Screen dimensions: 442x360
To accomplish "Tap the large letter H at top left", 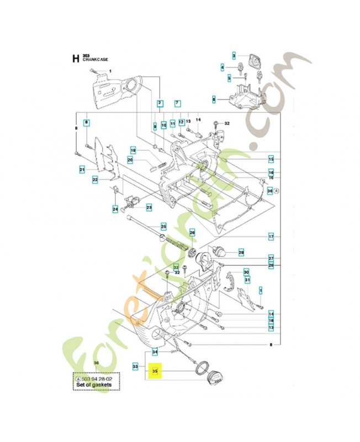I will coord(75,59).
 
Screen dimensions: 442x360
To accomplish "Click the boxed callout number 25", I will coord(147,226).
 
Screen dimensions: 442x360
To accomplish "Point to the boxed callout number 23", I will coord(149,207).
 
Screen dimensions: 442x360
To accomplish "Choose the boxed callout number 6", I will coord(214,99).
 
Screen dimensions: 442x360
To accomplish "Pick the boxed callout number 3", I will coord(234,56).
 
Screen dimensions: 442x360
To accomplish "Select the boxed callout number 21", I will coord(82,169).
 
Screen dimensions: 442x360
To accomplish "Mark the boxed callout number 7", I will coord(177,103).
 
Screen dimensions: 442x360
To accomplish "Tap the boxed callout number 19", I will coord(133,150).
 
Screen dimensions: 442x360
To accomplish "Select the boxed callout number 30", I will coord(246,272).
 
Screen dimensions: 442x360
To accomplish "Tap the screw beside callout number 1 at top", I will coord(96,72).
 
